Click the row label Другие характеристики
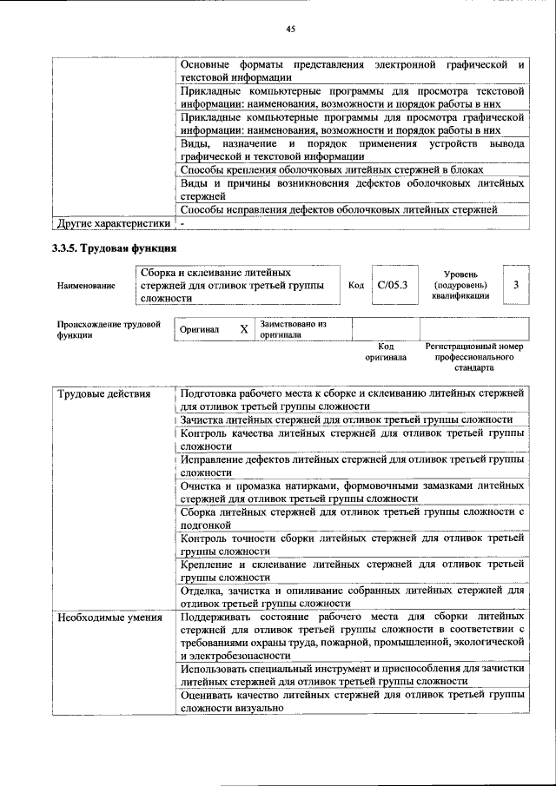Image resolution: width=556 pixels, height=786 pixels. (x=113, y=223)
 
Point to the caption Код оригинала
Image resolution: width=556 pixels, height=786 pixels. (x=386, y=352)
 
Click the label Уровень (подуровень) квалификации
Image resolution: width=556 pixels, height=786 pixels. (x=460, y=285)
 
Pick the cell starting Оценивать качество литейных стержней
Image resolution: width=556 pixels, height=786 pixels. (x=352, y=702)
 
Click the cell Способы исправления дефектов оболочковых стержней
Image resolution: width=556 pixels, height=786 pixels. (x=339, y=208)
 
